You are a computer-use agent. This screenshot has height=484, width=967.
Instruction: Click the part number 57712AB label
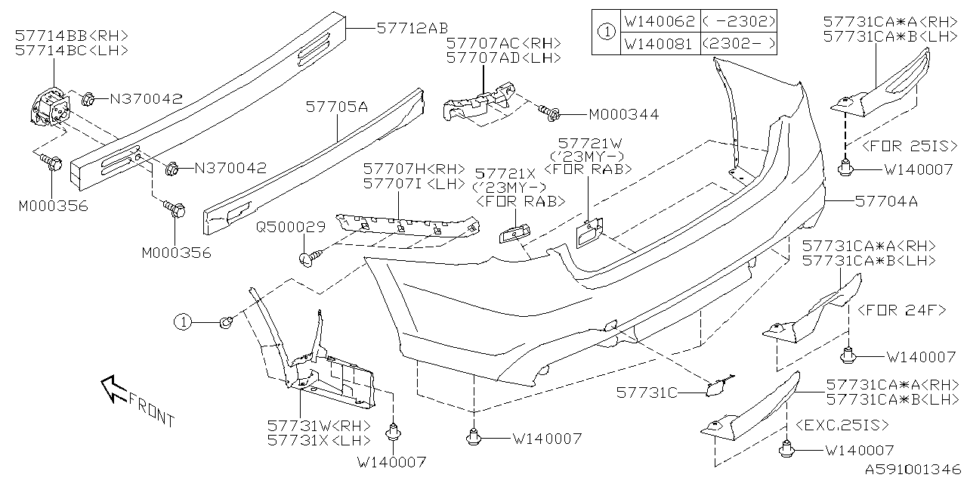[x=412, y=28]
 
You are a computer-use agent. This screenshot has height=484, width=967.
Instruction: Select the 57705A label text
[x=337, y=108]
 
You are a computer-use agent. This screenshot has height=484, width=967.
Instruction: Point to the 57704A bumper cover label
[x=886, y=201]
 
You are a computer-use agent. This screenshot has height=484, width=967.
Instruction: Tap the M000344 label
[x=623, y=115]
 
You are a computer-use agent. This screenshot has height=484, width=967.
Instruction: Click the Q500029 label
[x=290, y=226]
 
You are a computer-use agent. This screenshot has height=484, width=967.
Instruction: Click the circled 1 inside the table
[x=606, y=33]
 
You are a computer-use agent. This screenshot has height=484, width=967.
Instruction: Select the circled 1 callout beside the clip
[x=182, y=322]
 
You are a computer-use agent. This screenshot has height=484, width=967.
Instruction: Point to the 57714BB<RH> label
[x=72, y=36]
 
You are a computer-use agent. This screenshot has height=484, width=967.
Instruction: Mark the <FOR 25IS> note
[x=896, y=144]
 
